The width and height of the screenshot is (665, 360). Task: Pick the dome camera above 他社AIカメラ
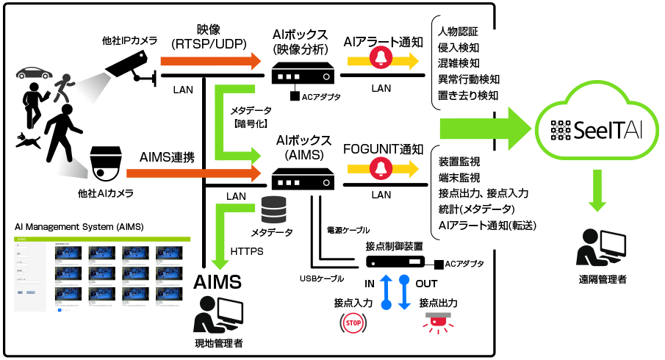pyautogui.click(x=104, y=162)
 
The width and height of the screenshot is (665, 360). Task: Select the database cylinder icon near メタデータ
pyautogui.click(x=273, y=210)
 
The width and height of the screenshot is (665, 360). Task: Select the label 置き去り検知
pyautogui.click(x=468, y=96)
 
